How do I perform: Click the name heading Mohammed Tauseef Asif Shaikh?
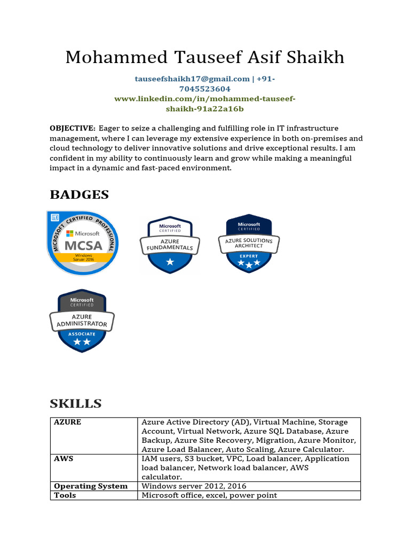(x=205, y=57)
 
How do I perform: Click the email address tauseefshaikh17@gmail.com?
(x=192, y=79)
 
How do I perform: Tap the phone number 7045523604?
(x=205, y=89)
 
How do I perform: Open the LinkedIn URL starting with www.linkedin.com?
(x=205, y=99)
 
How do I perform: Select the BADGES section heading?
(x=79, y=195)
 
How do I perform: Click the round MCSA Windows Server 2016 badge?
(x=83, y=243)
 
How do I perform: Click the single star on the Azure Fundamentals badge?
(x=170, y=262)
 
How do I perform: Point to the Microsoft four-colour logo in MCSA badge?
(x=69, y=233)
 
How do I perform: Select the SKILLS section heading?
(x=76, y=403)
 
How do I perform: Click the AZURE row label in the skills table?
(x=68, y=422)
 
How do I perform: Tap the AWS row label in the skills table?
(x=64, y=459)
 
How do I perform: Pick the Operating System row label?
(x=91, y=486)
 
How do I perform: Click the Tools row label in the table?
(x=65, y=495)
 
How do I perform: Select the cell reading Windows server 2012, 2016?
(x=194, y=486)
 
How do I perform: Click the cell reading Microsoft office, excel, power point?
(x=209, y=495)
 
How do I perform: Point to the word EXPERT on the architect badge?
(x=249, y=256)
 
